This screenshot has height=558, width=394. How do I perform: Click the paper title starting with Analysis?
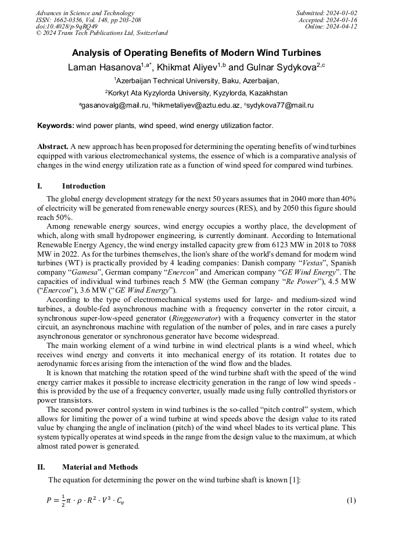coord(196,52)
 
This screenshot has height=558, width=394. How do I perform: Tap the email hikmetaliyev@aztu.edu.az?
coord(197,105)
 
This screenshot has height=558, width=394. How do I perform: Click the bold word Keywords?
coord(55,125)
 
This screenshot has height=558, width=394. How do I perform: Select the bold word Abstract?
coord(53,147)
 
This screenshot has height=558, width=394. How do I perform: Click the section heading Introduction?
coord(84,186)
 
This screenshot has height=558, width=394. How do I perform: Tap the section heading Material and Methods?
coord(100,467)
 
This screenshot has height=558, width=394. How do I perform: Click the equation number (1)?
coord(351,500)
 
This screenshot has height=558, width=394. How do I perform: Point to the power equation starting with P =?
coord(85,500)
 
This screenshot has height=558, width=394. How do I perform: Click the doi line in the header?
coord(66,26)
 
